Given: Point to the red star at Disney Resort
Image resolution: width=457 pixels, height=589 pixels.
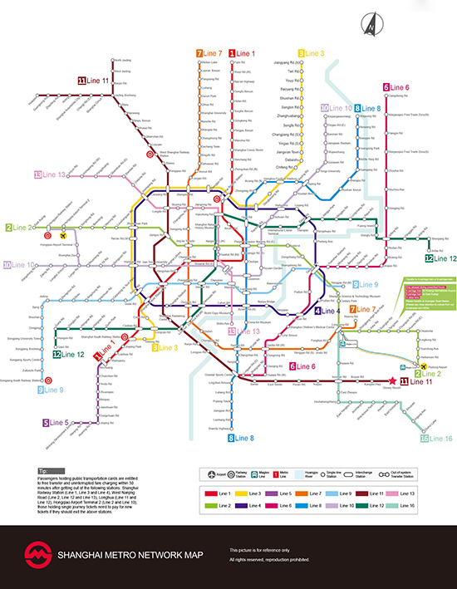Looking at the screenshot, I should pyautogui.click(x=392, y=380).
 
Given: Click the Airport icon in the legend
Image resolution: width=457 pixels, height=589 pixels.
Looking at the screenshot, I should pyautogui.click(x=209, y=474).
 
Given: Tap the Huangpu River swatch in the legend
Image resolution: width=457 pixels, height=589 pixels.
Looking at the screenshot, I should pyautogui.click(x=304, y=474).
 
